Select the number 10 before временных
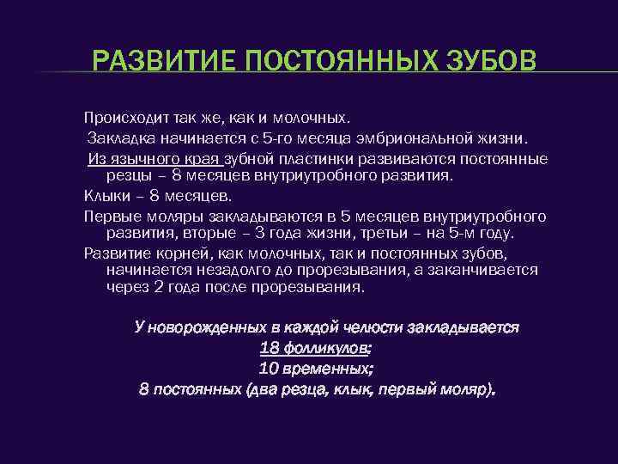pos(270,369)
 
